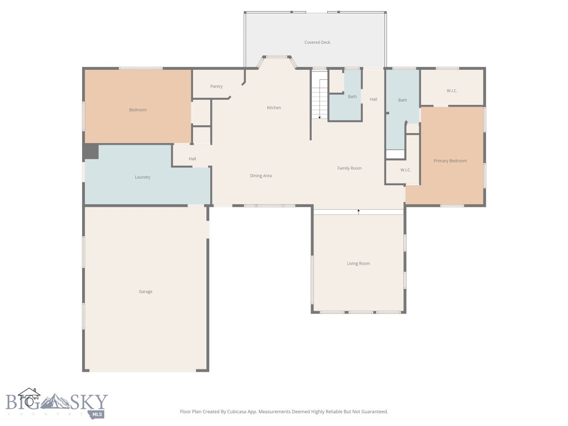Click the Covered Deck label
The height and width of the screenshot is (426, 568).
coord(317,42)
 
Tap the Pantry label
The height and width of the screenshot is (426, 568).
coord(216,87)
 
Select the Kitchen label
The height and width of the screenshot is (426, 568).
coord(274,108)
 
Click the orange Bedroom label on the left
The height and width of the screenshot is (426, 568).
coord(138,110)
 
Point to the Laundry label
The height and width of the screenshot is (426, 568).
coord(143,177)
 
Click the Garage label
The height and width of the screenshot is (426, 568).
coord(145,292)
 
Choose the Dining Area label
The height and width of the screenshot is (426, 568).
coord(261,176)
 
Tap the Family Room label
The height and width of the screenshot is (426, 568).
coord(349,168)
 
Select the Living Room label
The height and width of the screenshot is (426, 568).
coord(358,263)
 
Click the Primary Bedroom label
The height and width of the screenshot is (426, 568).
coord(450,161)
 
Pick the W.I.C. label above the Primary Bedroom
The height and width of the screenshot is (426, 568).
coord(452,90)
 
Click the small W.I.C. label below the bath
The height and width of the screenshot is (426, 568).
coord(405,170)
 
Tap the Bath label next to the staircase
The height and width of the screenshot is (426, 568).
coord(352,97)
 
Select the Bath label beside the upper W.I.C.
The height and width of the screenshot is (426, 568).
coord(402,100)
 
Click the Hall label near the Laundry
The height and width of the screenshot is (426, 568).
coord(192,159)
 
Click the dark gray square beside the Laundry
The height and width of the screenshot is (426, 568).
coord(91,151)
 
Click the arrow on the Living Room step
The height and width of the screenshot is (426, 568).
coord(358,211)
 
